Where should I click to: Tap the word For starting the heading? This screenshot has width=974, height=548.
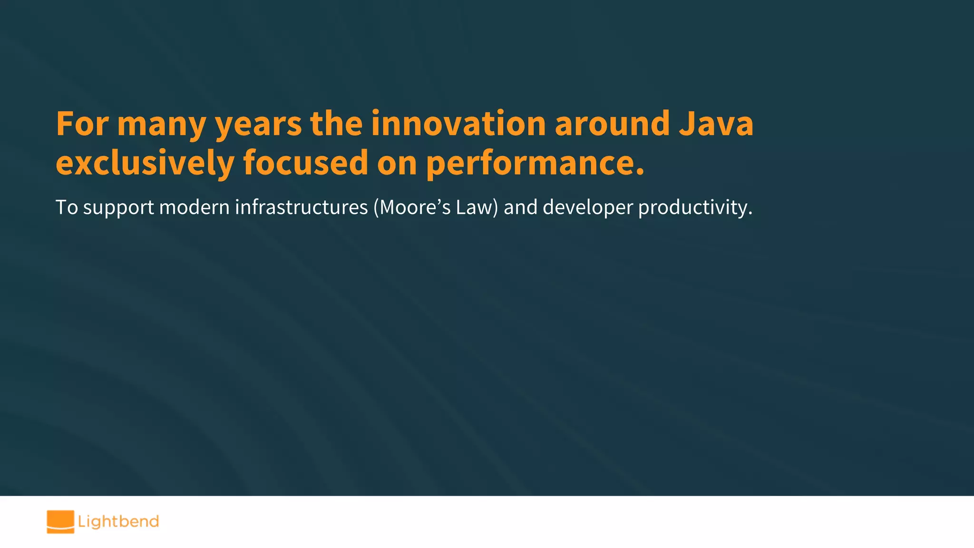(82, 124)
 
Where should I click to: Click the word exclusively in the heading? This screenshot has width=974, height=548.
(145, 163)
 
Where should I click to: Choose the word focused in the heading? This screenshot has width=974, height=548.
(305, 163)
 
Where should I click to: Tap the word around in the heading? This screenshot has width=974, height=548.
(613, 124)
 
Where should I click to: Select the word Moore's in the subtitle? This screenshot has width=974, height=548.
(414, 207)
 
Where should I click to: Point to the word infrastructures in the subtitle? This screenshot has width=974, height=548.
(301, 207)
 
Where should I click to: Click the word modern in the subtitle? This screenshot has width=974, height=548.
(194, 207)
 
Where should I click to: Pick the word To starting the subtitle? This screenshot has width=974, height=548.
(67, 207)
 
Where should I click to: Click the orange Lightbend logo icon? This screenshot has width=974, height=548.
(60, 522)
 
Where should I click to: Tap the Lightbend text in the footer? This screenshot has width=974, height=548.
(118, 522)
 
